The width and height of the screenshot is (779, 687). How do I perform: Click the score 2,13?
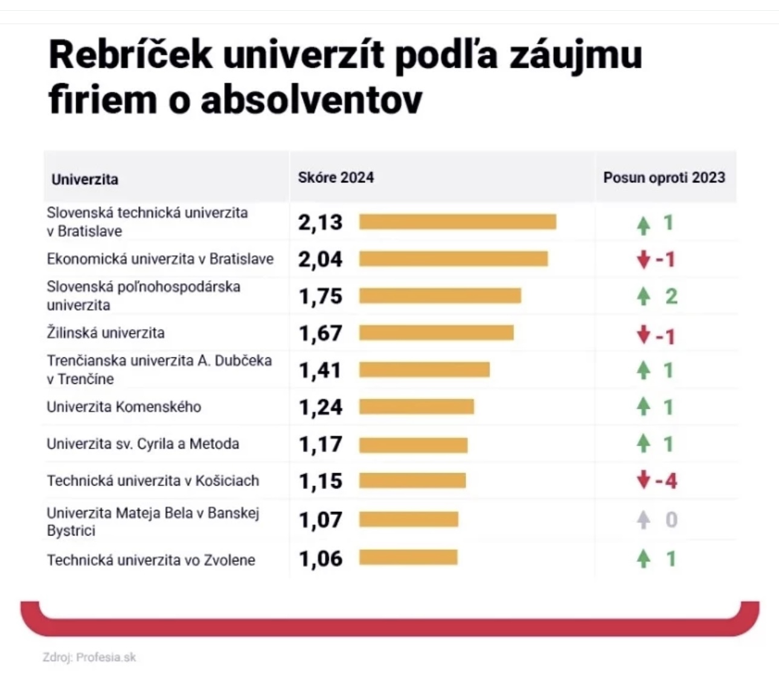point(320,222)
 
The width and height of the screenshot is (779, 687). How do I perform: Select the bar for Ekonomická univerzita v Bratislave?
point(454,259)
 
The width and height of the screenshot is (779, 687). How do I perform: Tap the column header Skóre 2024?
point(336,177)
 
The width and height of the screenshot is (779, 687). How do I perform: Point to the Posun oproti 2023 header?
point(664,177)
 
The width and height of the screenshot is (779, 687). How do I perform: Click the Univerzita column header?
point(85,179)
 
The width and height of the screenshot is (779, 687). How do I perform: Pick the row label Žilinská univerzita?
point(106,333)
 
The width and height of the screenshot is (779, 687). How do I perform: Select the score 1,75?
point(321,296)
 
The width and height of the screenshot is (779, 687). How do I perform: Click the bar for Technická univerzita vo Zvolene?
point(408,557)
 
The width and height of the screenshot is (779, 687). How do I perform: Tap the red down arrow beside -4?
point(644,481)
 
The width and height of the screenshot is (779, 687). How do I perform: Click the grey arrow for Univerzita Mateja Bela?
point(644,520)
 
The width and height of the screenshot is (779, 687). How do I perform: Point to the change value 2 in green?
point(671,296)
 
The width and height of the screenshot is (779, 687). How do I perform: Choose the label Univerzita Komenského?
point(124,407)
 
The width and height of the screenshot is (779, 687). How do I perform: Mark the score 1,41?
point(320,370)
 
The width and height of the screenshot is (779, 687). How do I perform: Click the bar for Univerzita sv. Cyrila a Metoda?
point(413,445)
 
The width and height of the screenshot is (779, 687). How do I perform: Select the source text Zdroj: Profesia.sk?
point(89,657)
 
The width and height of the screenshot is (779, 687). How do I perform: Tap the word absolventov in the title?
point(312,100)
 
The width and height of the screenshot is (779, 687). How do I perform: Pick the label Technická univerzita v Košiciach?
point(153,481)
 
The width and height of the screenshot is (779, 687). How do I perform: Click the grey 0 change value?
point(671,520)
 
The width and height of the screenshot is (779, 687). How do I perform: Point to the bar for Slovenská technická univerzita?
point(457,222)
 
